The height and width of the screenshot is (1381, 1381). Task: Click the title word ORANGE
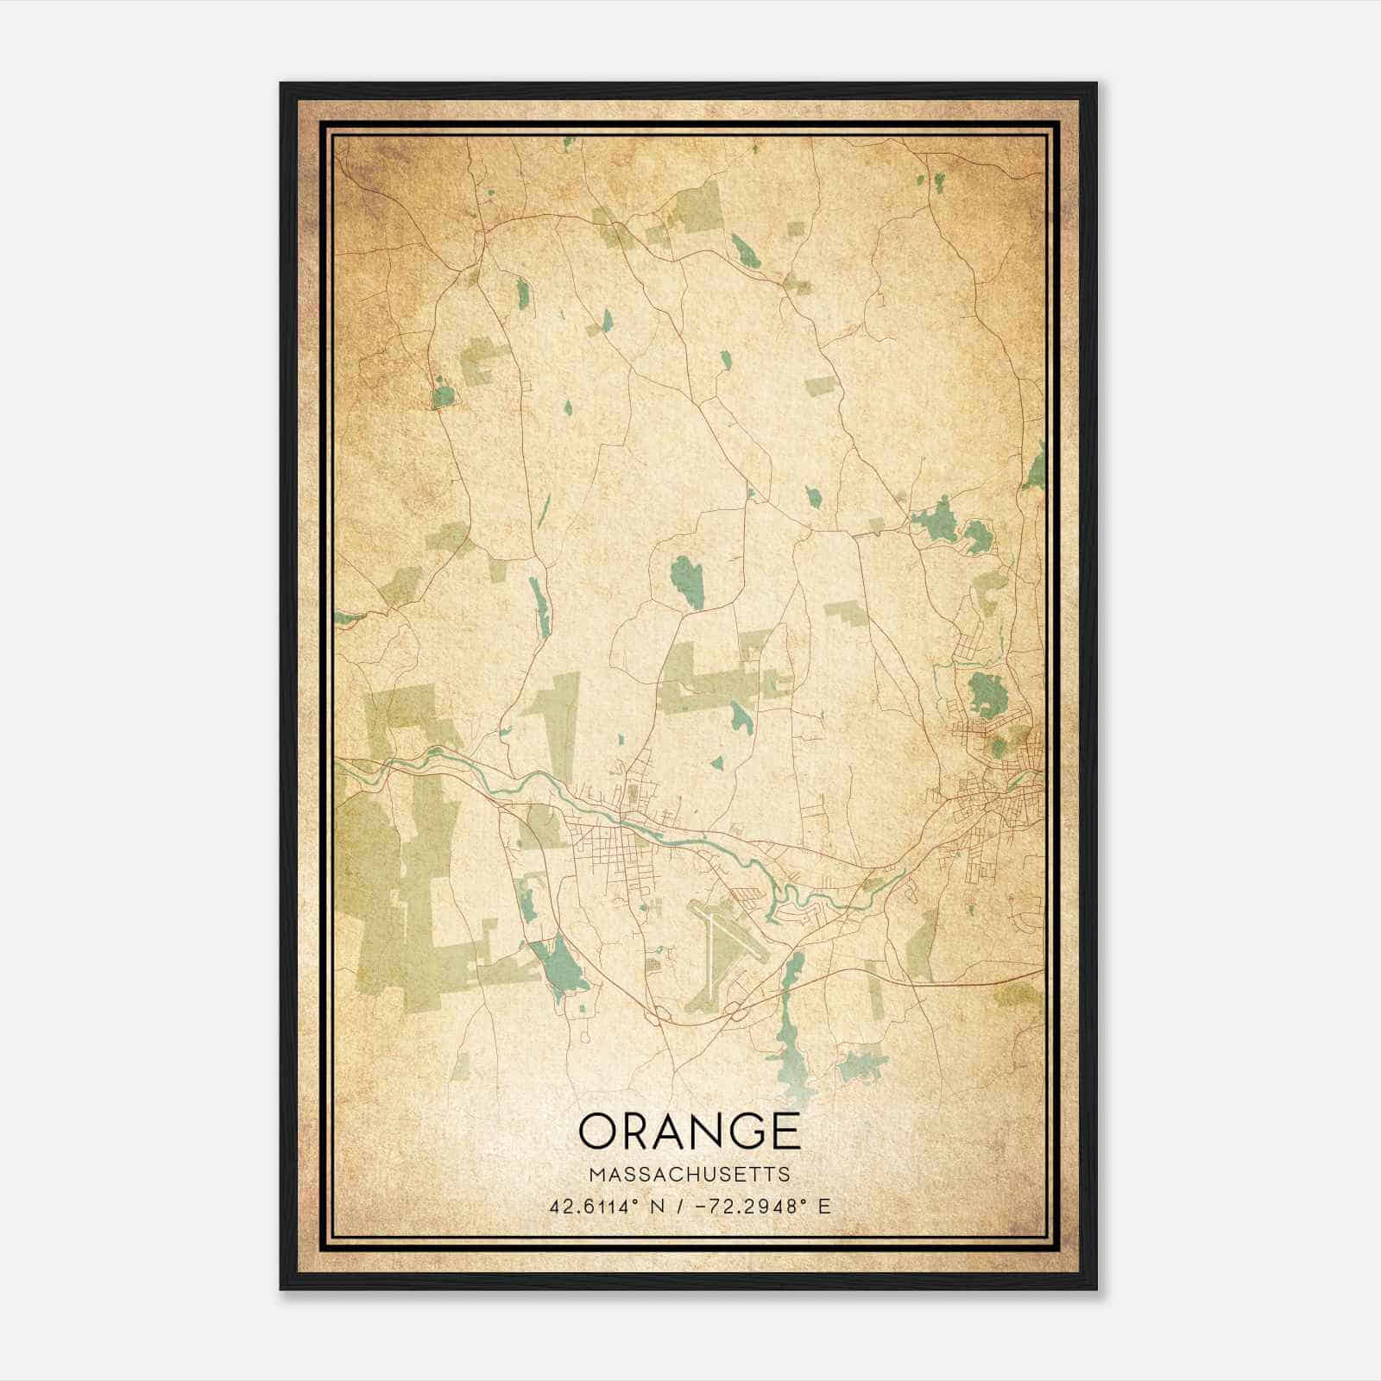point(689,1130)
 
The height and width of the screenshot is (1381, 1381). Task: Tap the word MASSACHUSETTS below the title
point(689,1175)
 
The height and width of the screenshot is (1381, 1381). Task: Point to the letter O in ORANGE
point(599,1130)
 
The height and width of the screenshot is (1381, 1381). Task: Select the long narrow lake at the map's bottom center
point(787,1031)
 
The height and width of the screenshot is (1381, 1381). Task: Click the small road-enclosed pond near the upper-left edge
point(443,395)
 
